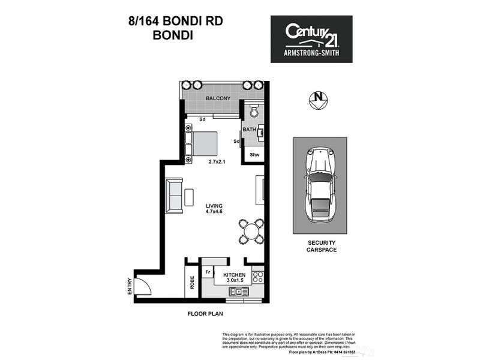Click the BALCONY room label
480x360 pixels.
(217, 98)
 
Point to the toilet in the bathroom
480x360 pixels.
(254, 112)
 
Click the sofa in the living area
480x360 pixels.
(175, 196)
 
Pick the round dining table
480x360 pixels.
(251, 230)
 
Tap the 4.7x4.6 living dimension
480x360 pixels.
(214, 212)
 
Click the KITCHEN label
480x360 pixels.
(235, 275)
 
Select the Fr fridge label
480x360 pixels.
(207, 272)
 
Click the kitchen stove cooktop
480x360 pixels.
(259, 277)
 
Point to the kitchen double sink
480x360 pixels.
(238, 292)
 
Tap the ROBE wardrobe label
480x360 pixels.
(192, 282)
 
